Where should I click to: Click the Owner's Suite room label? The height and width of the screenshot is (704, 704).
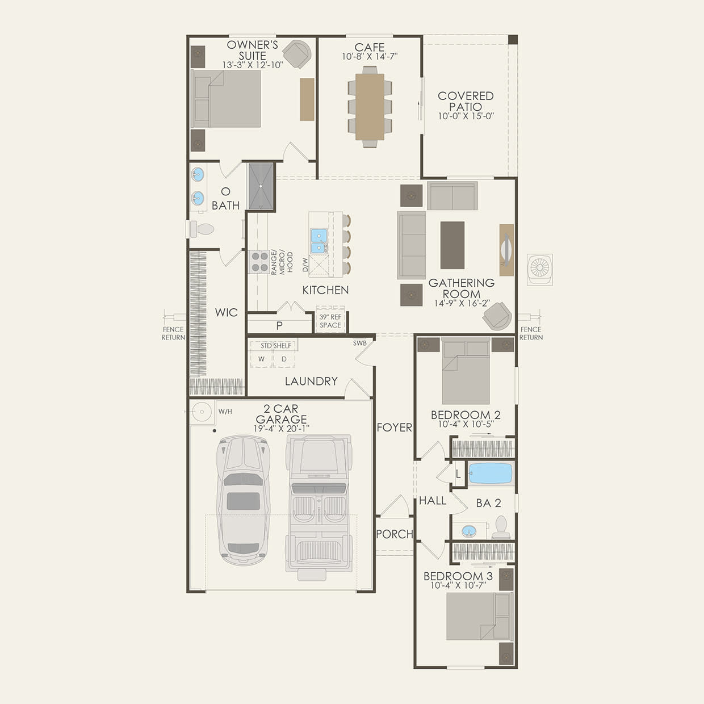pos(252,50)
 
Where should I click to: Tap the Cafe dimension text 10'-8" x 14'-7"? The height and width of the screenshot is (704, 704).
pos(370,57)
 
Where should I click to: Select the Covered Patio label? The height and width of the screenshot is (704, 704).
pos(466,101)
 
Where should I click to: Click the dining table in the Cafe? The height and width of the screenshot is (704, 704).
pos(370,107)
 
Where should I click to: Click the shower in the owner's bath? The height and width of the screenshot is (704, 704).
pos(261,186)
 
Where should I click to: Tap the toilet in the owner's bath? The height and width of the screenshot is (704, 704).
pos(202,229)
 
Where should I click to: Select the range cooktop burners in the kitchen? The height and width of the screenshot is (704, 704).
pos(259,262)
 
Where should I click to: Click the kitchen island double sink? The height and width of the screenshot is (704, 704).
pos(319,240)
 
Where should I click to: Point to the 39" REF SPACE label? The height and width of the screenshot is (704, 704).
pos(330,321)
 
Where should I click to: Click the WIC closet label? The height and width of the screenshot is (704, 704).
pos(226,313)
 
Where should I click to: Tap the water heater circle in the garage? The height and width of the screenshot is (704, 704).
pos(202,412)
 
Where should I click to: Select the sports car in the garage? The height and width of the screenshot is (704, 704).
pos(244,500)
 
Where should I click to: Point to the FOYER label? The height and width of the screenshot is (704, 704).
pos(395,428)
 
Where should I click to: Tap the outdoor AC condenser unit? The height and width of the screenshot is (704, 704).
pos(539,269)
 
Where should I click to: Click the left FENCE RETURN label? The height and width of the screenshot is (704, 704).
pos(173,333)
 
